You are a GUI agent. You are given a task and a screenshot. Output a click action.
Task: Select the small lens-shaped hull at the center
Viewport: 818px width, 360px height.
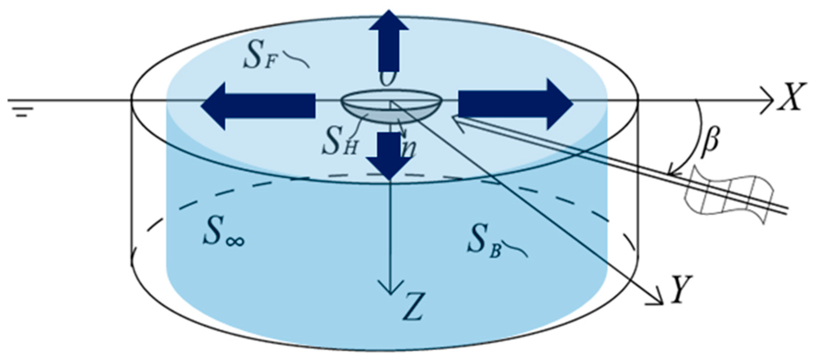391,106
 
